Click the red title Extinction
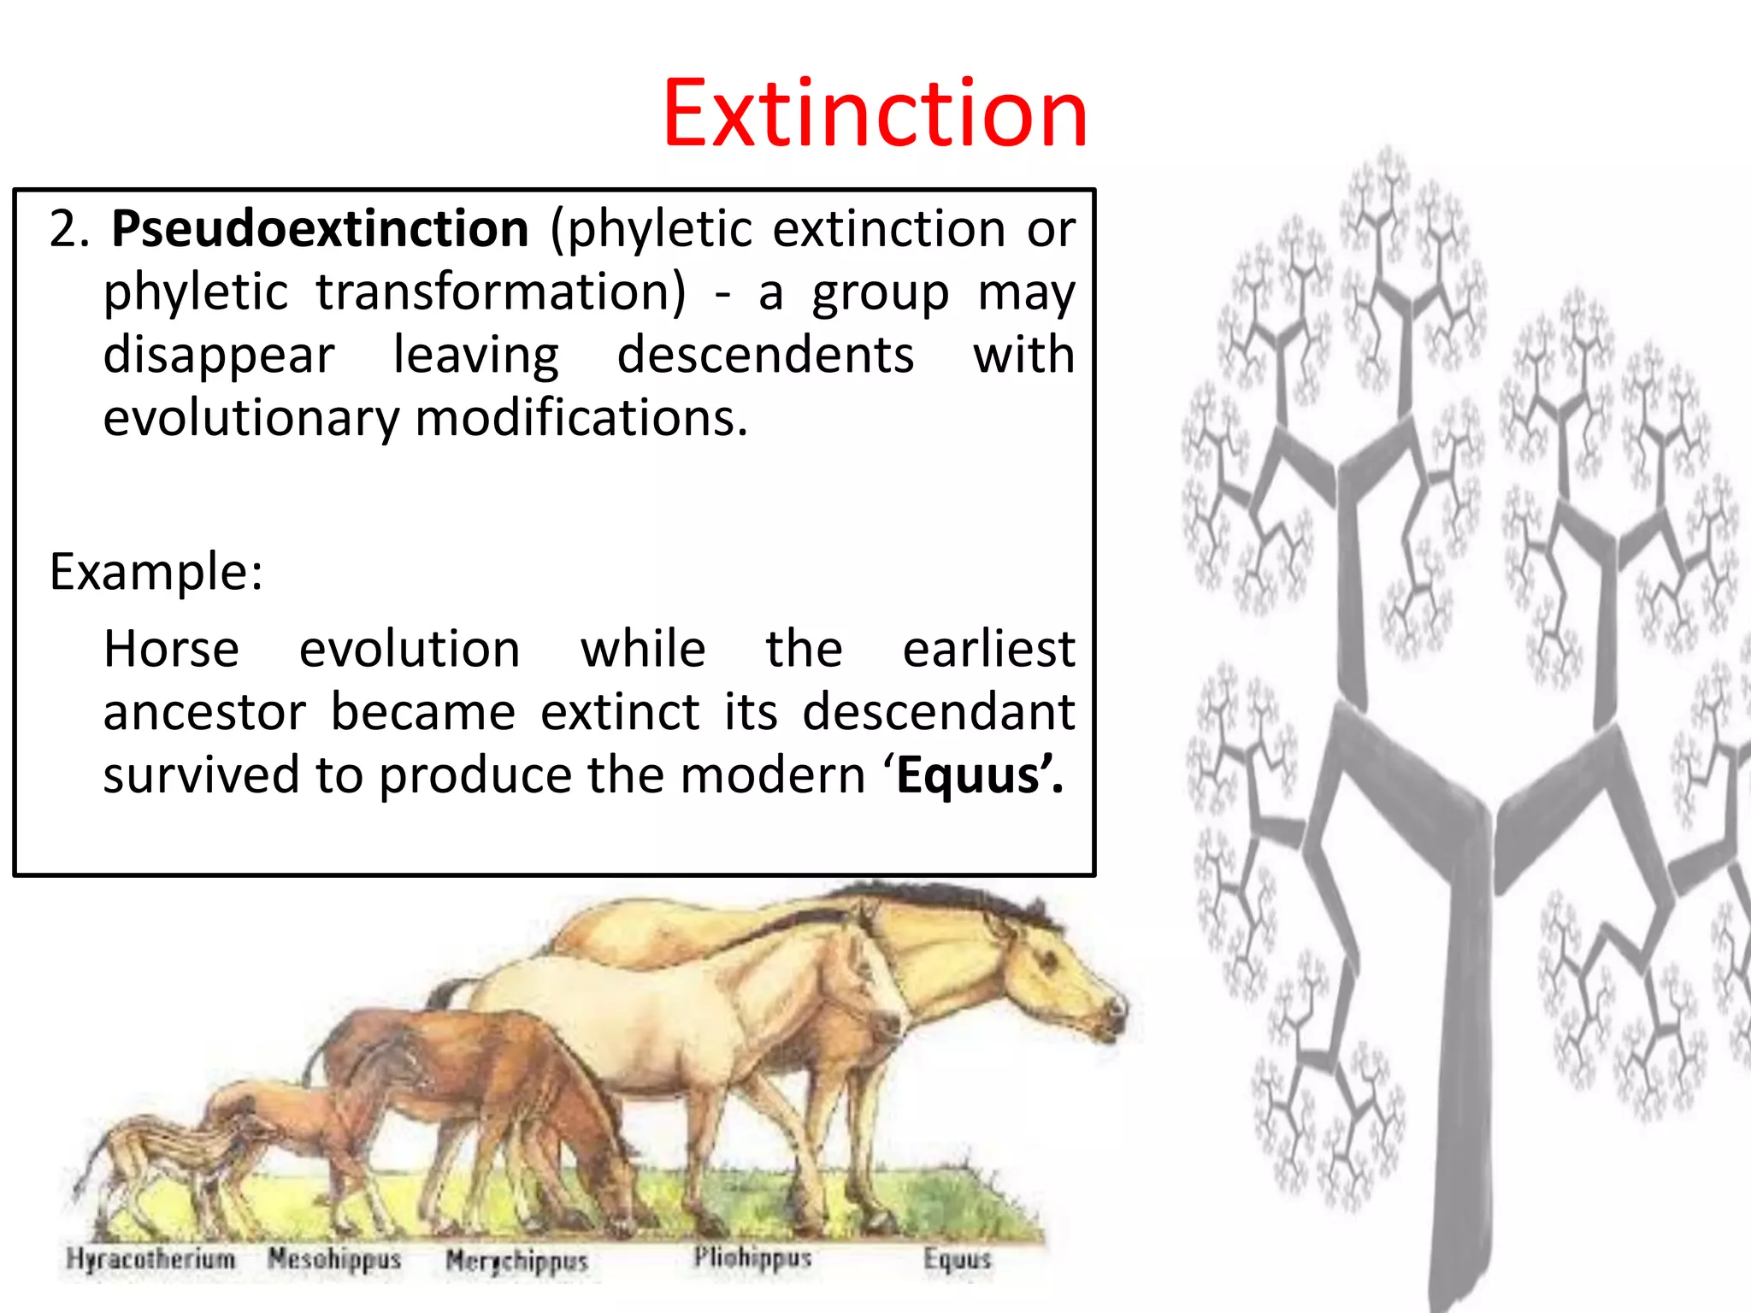click(875, 114)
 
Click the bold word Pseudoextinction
click(320, 229)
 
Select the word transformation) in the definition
click(501, 292)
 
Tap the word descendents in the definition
click(765, 355)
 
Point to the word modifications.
click(581, 418)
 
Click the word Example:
click(156, 571)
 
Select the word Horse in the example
click(171, 649)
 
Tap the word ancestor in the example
click(204, 712)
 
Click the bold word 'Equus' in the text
click(974, 775)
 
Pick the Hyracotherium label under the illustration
click(150, 1258)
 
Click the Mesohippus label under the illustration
click(334, 1258)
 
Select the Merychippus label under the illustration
click(517, 1261)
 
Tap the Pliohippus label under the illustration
click(752, 1257)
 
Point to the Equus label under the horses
click(957, 1259)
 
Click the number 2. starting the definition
click(69, 229)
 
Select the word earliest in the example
click(988, 649)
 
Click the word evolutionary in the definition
click(251, 418)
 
